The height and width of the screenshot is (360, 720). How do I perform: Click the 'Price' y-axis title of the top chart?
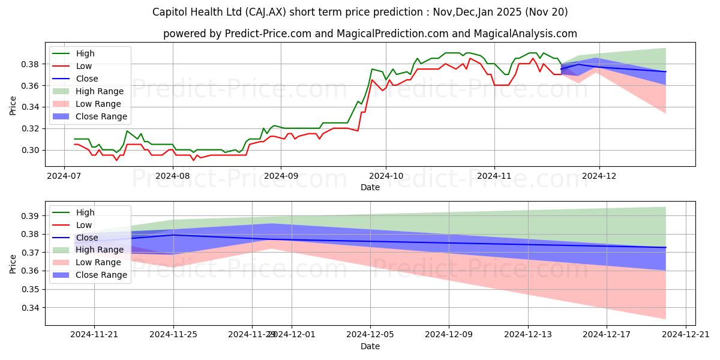pyautogui.click(x=13, y=106)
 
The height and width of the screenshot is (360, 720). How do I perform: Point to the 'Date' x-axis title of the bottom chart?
pyautogui.click(x=370, y=346)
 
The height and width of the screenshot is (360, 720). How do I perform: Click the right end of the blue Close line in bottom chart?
pyautogui.click(x=665, y=247)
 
